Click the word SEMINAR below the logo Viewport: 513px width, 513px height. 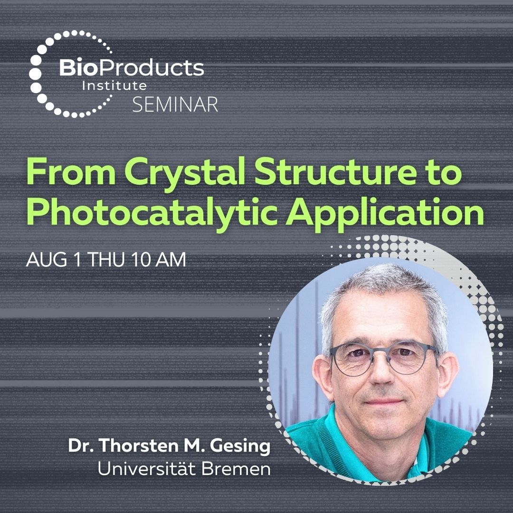[175, 103]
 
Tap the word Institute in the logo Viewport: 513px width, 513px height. [114, 86]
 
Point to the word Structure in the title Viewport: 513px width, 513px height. [317, 173]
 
